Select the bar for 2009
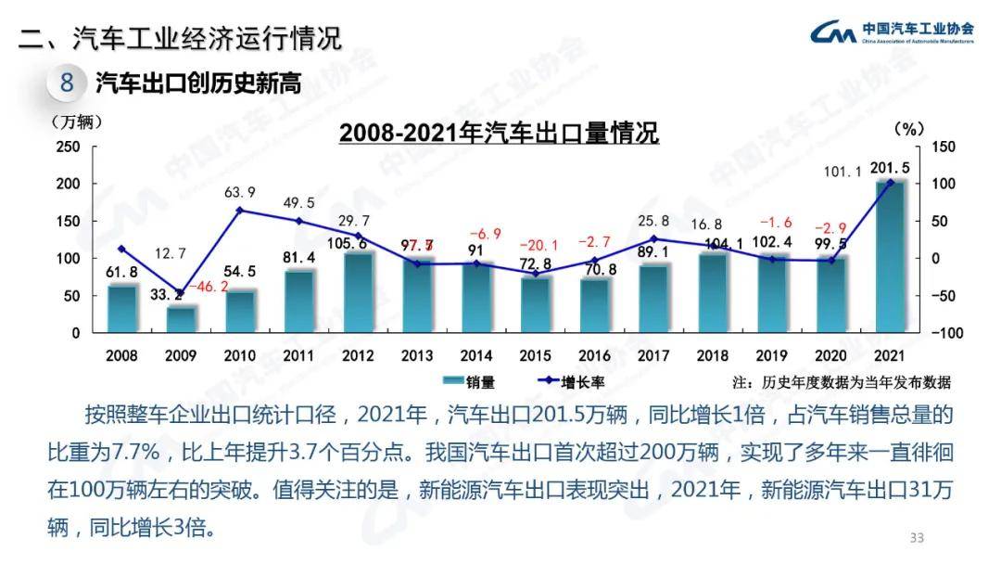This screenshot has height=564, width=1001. pos(181,318)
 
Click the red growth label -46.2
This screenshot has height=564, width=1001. pos(209,288)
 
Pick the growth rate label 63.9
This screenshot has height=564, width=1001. pos(240,193)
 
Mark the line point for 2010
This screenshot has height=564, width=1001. pos(240,211)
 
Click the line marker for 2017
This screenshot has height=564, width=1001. pos(653,239)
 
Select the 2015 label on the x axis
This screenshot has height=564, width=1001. pos(536,355)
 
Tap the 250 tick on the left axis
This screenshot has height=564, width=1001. pos(68,147)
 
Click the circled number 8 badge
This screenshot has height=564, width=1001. pos(66,83)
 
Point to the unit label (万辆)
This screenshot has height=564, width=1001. pos(77,122)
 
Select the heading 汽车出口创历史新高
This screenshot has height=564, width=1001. pos(198,83)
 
